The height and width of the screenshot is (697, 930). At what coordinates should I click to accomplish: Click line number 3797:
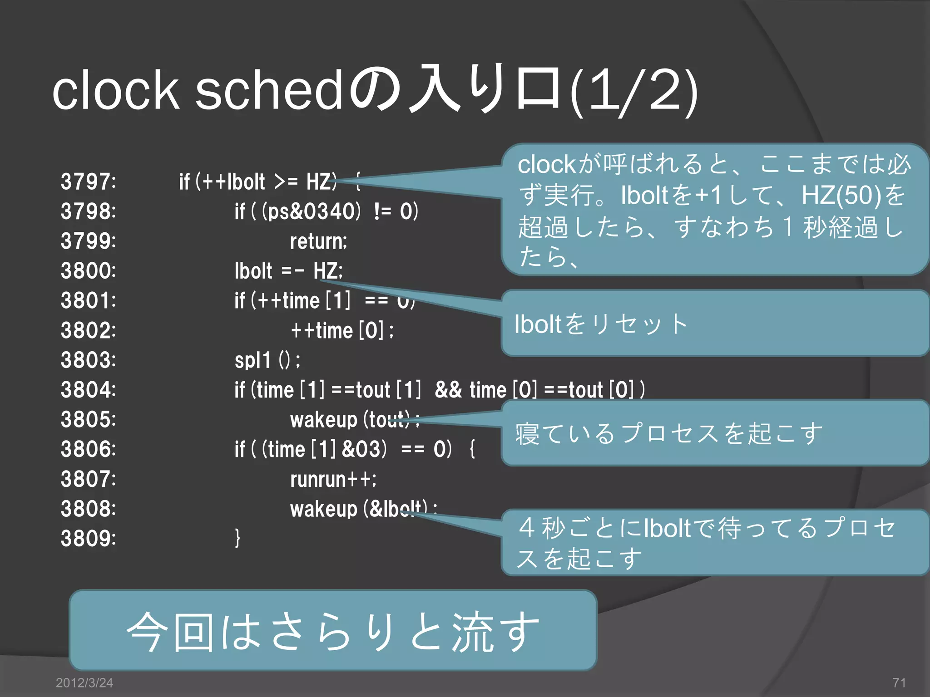(89, 182)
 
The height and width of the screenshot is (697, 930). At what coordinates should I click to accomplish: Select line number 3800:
(89, 271)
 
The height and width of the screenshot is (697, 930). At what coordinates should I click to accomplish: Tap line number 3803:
(89, 360)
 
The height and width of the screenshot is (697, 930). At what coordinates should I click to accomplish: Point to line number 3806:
(89, 449)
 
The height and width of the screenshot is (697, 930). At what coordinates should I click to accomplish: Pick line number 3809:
(89, 539)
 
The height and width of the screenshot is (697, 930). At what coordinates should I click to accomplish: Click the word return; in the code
(318, 241)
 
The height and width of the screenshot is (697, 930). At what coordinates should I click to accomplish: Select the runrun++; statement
(333, 479)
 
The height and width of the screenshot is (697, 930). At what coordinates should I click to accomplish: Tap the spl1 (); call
(267, 360)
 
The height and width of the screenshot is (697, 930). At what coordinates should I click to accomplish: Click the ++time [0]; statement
(342, 330)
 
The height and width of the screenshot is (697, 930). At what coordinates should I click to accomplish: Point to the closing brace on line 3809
(237, 538)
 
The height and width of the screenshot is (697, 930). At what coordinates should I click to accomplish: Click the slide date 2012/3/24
(84, 682)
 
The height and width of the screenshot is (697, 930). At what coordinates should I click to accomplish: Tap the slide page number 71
(899, 682)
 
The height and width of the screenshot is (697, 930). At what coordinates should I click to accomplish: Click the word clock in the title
(116, 91)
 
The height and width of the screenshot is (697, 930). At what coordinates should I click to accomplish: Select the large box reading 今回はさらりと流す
(333, 630)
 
